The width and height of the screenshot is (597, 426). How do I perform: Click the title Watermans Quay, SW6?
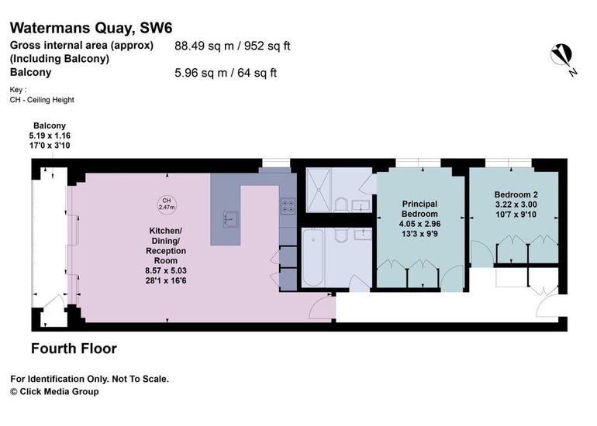(91, 28)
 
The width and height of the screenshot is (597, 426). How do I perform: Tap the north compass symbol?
(562, 58)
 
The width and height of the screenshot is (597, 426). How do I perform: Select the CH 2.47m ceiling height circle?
(167, 204)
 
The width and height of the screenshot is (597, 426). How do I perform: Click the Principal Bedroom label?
(419, 218)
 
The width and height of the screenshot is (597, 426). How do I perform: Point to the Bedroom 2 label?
(516, 204)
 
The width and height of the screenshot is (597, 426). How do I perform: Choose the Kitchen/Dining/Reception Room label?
(166, 256)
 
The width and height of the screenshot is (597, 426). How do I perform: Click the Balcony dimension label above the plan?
(50, 136)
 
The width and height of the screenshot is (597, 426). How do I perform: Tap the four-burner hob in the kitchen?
(288, 206)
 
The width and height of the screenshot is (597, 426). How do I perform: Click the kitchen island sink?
(230, 219)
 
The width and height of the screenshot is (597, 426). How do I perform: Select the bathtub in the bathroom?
(312, 257)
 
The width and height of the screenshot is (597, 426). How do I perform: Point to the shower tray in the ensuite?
(319, 190)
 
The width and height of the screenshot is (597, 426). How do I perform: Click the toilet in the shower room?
(341, 204)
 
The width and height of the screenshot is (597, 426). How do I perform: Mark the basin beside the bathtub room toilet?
(363, 234)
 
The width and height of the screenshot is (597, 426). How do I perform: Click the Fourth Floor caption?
(74, 349)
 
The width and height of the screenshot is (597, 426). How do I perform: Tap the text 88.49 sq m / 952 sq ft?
(233, 46)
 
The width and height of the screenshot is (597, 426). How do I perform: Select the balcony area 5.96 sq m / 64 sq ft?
(226, 73)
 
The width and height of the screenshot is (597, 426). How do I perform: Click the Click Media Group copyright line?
(54, 391)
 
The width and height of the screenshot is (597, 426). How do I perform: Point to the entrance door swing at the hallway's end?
(548, 303)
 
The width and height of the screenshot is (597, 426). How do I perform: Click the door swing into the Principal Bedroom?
(452, 278)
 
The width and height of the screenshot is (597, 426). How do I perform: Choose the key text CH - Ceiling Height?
(42, 100)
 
